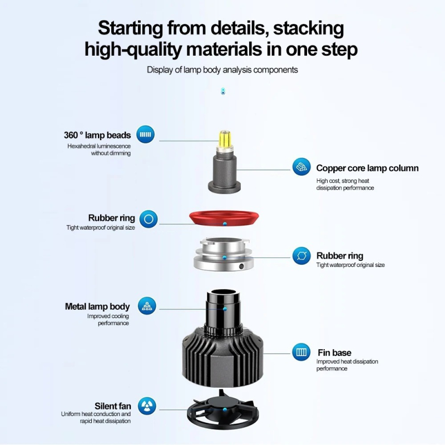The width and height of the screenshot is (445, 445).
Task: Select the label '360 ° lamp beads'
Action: pos(97,135)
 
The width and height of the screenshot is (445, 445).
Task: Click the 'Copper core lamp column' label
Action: pos(367,168)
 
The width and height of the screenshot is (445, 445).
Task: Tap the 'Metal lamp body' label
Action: pos(97,306)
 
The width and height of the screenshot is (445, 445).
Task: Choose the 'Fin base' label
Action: pos(334,353)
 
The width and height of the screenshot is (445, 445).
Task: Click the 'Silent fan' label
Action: pos(113,406)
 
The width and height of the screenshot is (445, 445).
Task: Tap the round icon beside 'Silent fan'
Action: pos(147,404)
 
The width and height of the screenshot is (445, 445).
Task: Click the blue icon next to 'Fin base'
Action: pos(301,352)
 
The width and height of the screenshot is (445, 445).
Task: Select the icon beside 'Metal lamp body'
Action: pos(147,305)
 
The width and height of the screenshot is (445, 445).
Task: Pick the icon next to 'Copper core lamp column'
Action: pos(301,166)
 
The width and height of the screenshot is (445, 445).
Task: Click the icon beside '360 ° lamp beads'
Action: pos(146,134)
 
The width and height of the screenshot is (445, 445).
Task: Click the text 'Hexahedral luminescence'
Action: pos(100,146)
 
